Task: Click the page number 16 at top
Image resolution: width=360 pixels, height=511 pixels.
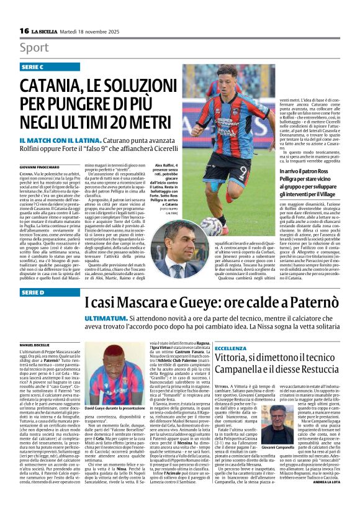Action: point(24,31)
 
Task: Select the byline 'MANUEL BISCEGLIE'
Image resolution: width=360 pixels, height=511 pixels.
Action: point(36,344)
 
